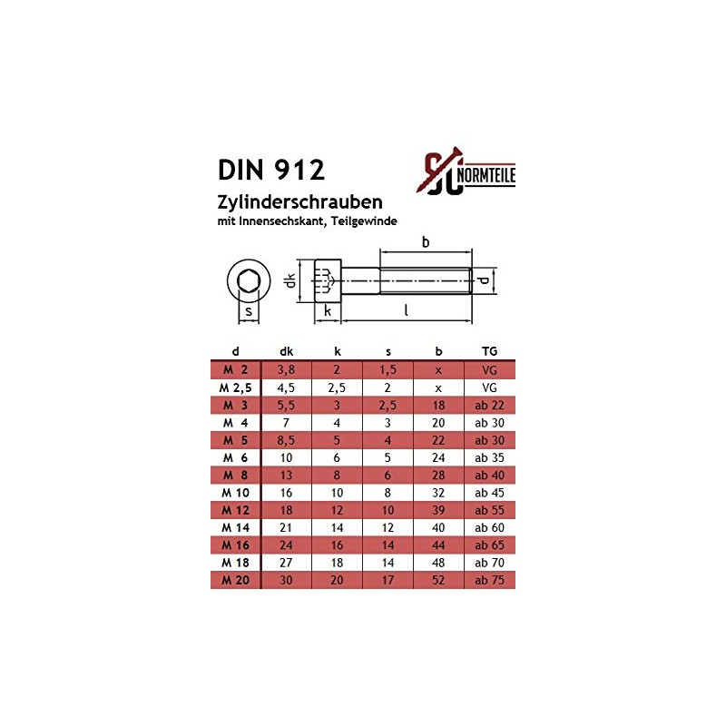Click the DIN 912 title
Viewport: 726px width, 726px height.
tap(271, 170)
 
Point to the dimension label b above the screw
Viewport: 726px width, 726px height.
tap(425, 242)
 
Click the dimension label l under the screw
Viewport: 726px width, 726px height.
tap(406, 311)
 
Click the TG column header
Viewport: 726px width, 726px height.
tap(489, 352)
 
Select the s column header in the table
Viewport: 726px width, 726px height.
tap(388, 352)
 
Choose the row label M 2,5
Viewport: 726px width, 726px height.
tap(235, 387)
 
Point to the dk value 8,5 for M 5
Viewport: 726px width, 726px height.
tap(286, 439)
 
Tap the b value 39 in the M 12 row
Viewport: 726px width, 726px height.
tap(438, 510)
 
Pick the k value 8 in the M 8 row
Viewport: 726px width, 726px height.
tap(337, 475)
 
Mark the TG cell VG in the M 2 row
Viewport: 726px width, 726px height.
tap(489, 369)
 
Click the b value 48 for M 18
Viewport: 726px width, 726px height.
tap(438, 563)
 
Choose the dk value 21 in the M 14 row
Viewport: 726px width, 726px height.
tap(286, 527)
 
